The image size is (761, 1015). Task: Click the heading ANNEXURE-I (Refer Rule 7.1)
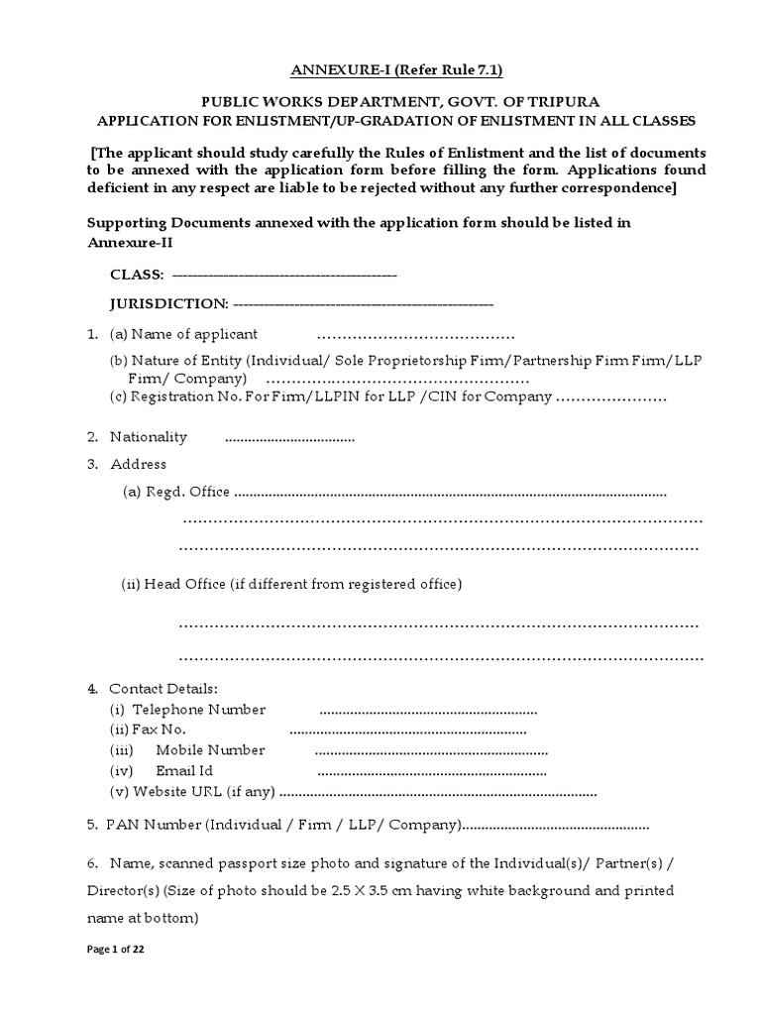pos(388,69)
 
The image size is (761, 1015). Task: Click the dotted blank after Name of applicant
pos(415,334)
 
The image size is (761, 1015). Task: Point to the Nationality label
pos(148,437)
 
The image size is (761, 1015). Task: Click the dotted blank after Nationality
pos(289,438)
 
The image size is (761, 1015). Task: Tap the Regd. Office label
pos(176,492)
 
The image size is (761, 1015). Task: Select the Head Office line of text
pos(291,585)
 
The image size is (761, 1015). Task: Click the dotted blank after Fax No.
pos(407,731)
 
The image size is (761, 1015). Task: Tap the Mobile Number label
pos(210,750)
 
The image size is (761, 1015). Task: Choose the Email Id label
pos(184,770)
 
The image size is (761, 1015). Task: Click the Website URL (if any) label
pos(194,791)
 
